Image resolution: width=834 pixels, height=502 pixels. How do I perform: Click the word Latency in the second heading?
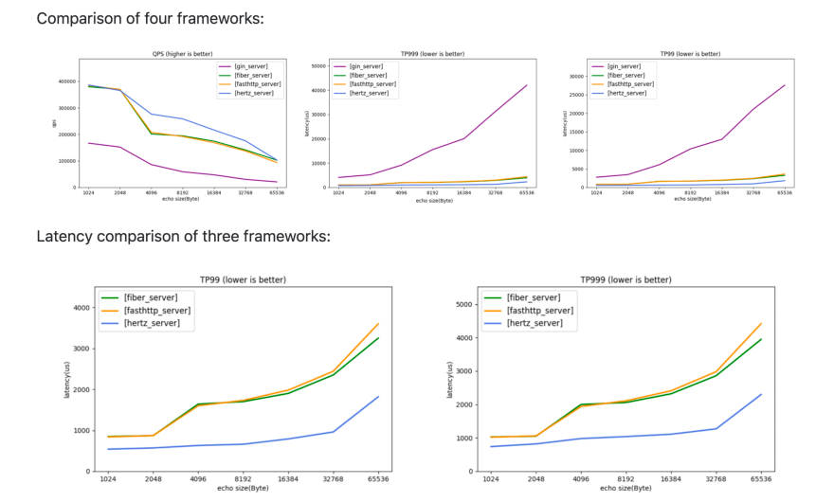pyautogui.click(x=65, y=235)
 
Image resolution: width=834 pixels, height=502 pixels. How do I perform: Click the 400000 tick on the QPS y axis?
pyautogui.click(x=66, y=81)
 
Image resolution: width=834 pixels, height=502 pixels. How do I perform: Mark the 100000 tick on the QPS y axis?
pyautogui.click(x=66, y=161)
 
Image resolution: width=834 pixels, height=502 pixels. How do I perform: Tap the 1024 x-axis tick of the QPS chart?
pyautogui.click(x=88, y=192)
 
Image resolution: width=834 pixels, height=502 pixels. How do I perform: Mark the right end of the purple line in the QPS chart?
pyautogui.click(x=278, y=182)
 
